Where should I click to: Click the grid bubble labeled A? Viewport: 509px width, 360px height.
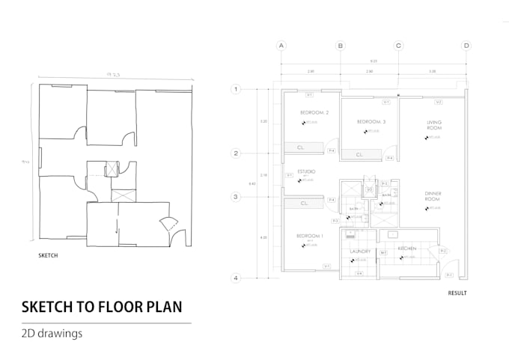tap(282, 46)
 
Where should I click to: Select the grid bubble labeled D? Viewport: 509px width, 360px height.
tap(466, 46)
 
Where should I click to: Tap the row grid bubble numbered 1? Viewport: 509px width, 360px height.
tap(237, 90)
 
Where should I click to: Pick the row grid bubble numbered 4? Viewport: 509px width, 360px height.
tap(237, 278)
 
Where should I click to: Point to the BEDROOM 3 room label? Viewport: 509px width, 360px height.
tap(371, 121)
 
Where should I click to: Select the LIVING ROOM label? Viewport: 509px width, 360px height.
tap(434, 125)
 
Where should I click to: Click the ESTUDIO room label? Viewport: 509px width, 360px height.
tap(306, 172)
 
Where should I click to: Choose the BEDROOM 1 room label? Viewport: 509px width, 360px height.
tap(310, 236)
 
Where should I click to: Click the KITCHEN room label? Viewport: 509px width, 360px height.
tap(407, 248)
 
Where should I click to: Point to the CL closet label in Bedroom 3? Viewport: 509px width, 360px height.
tap(359, 155)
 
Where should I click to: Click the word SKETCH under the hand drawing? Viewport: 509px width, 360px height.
tap(49, 255)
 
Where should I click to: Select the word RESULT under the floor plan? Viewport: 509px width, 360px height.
tap(457, 293)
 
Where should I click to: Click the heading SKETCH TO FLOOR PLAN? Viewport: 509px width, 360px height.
tap(101, 307)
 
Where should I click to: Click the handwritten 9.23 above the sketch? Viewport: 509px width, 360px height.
tap(113, 75)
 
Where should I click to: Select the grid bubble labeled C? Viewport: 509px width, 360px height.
tap(398, 46)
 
